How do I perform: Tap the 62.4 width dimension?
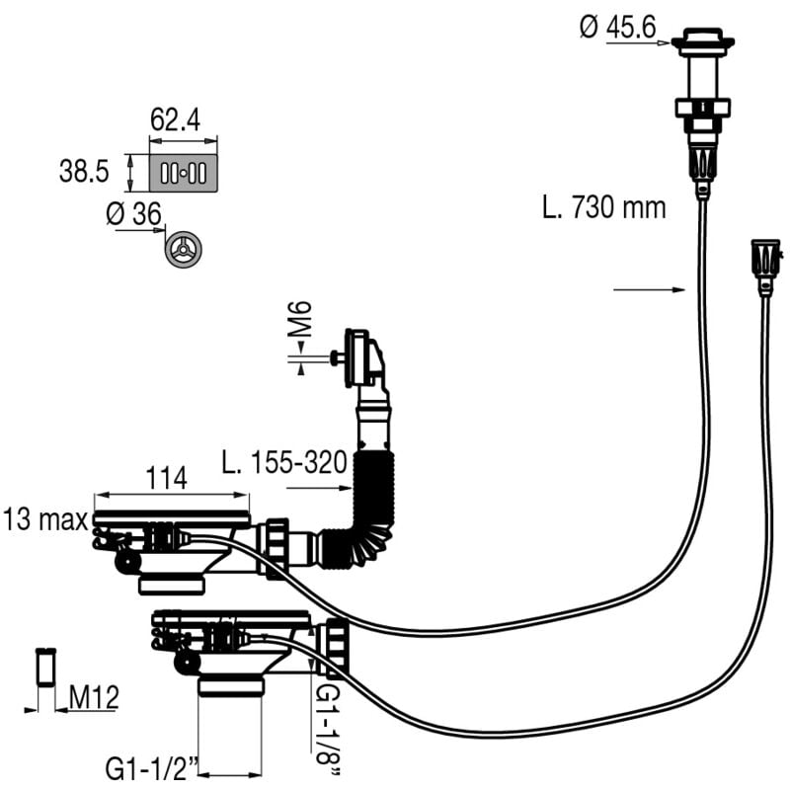coord(175,120)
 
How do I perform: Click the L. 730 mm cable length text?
coord(603,207)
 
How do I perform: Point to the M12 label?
coord(94,697)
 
